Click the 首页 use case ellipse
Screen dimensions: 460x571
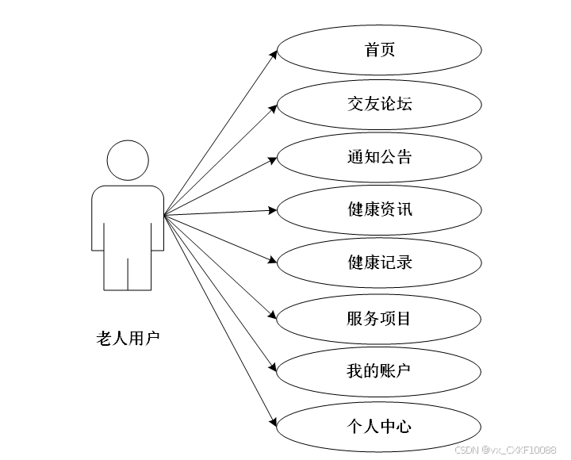pos(379,51)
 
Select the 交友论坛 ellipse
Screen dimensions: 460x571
pos(379,104)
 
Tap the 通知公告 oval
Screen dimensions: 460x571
pos(379,157)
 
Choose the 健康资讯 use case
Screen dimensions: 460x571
pos(379,210)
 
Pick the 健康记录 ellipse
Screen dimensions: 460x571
pos(379,263)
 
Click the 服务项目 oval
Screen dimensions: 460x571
pos(379,320)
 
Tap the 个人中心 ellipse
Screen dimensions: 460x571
pos(379,427)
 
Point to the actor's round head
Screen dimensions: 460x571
pos(128,161)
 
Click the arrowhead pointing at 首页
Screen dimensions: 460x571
pos(273,54)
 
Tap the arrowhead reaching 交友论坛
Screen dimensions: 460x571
pos(273,106)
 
